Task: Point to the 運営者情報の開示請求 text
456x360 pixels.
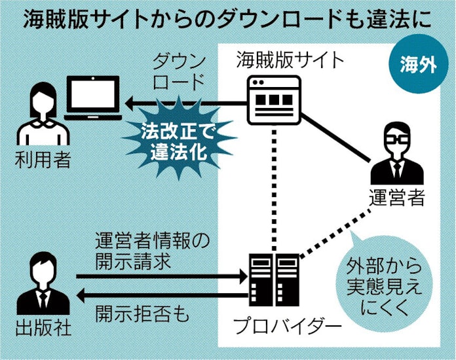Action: (x=152, y=251)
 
